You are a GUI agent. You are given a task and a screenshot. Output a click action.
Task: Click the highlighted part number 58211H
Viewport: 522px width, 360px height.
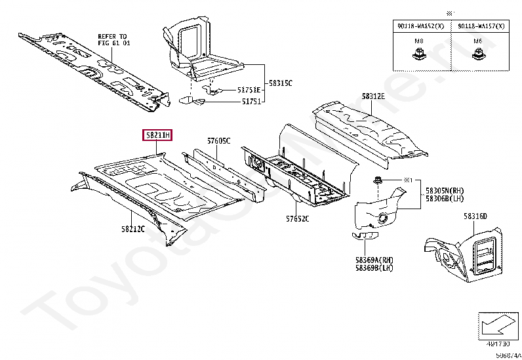(157, 135)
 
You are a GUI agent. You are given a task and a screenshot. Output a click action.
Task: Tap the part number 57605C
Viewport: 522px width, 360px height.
(218, 141)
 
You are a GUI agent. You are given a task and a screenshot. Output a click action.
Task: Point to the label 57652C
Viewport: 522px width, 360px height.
(299, 218)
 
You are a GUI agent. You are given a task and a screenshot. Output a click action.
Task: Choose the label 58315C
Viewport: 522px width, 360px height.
(280, 83)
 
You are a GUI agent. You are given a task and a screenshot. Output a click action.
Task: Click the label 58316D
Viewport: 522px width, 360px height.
(475, 216)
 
